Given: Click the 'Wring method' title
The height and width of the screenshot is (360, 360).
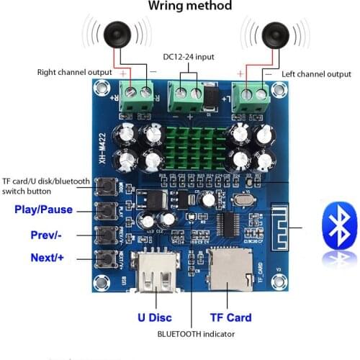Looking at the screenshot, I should point(190,6).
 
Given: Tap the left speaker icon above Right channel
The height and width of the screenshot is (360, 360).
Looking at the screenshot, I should point(116,34).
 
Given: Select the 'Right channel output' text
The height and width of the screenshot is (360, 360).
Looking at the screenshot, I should point(74,72).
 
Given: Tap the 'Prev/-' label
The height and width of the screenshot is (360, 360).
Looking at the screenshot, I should point(49,235).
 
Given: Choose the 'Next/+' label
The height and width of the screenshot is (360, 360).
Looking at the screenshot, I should point(48,258).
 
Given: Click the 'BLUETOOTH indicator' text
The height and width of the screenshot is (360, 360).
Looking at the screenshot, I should point(195,334).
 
